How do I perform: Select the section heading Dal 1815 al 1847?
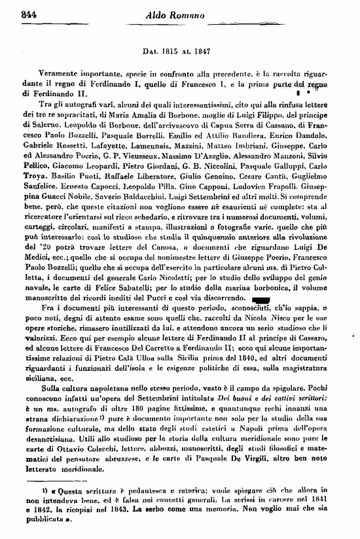point(178,50)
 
